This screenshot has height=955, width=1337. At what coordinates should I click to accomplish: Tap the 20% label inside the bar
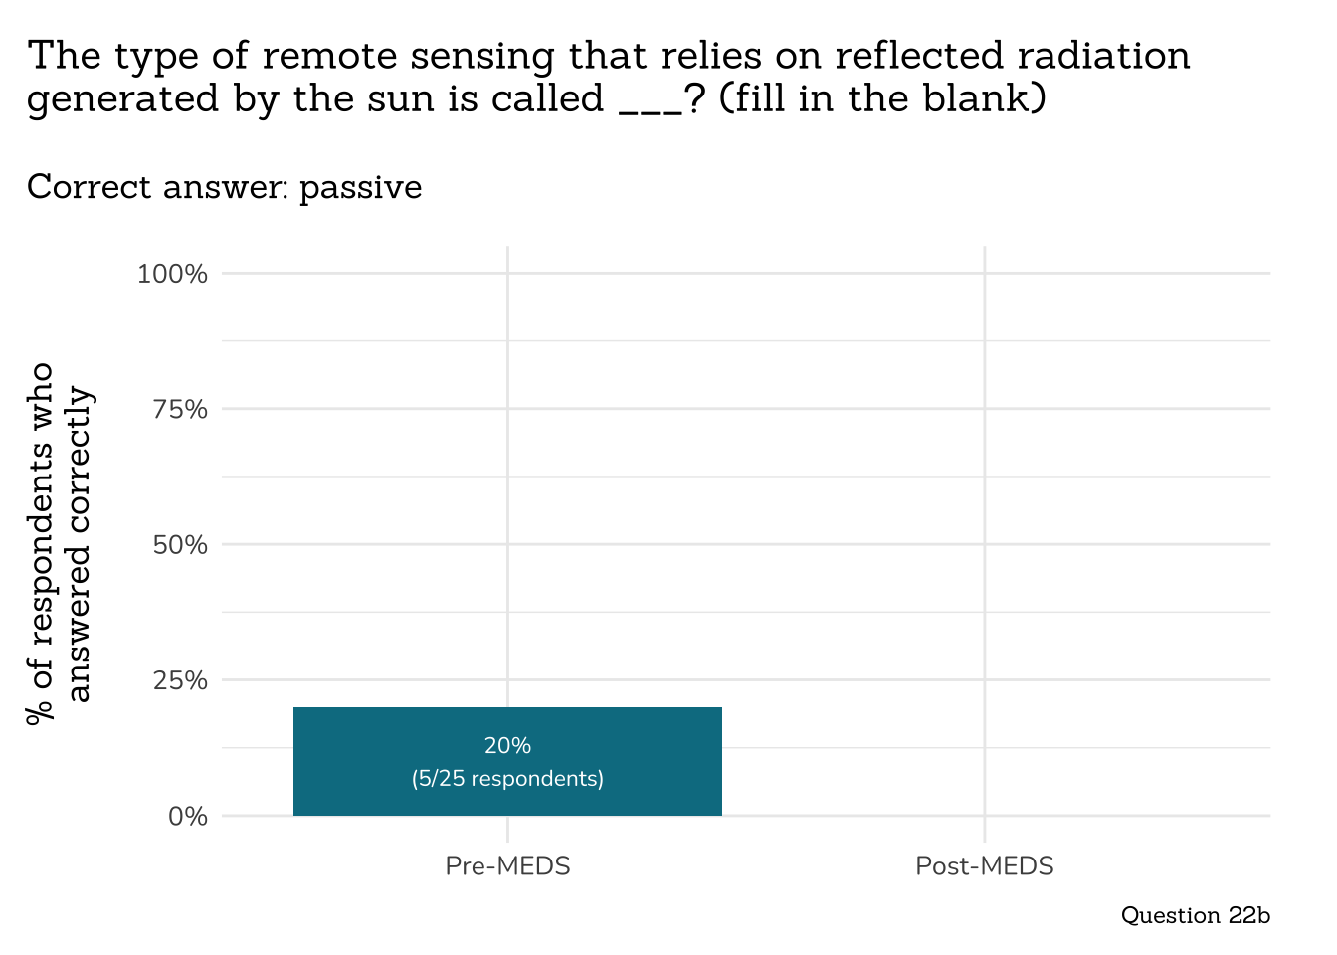[507, 745]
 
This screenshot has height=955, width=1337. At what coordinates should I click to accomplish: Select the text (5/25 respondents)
[507, 778]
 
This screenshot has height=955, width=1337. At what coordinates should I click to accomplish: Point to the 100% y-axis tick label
[172, 274]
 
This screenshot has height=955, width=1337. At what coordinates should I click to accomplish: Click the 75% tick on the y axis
[180, 409]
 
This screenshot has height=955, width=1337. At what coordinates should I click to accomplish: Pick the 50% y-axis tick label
[180, 545]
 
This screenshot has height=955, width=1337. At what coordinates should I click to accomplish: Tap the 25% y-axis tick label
[180, 680]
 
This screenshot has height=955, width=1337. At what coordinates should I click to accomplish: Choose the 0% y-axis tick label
[187, 817]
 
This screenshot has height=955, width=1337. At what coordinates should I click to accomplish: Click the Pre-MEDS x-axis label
[507, 865]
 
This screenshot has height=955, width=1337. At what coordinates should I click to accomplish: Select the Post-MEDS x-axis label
[984, 865]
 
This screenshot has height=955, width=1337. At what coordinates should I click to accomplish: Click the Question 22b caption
[1195, 915]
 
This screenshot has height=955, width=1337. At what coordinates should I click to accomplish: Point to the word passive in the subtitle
[360, 187]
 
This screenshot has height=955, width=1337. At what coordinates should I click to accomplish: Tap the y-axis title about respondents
[60, 544]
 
